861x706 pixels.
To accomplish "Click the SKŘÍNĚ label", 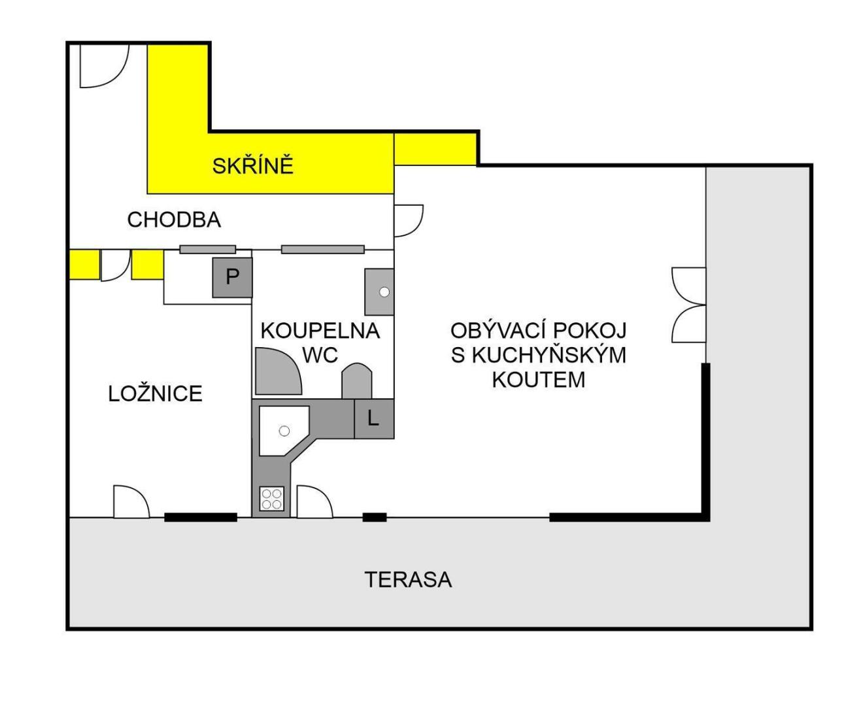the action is click(253, 166).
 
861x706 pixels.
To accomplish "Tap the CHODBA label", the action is click(174, 220).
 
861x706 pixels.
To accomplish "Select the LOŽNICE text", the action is click(155, 394).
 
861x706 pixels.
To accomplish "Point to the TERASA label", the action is click(408, 579).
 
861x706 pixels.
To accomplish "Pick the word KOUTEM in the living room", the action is click(538, 379).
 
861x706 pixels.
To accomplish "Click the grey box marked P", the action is click(232, 277).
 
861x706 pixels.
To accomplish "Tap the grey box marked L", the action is click(373, 418).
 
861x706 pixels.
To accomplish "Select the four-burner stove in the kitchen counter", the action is click(272, 499).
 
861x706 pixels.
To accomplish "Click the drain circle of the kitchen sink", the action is click(284, 431).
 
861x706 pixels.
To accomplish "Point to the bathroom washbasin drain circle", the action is click(384, 292).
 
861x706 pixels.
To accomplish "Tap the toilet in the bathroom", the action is click(356, 381).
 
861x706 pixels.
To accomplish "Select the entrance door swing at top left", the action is click(104, 66).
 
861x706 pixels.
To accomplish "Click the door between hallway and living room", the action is click(408, 220).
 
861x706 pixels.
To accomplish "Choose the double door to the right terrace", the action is click(688, 305).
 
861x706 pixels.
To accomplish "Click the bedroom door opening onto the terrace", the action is click(131, 502).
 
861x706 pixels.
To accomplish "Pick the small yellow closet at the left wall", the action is click(84, 265).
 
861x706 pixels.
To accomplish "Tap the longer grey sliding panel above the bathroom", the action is click(322, 250).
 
